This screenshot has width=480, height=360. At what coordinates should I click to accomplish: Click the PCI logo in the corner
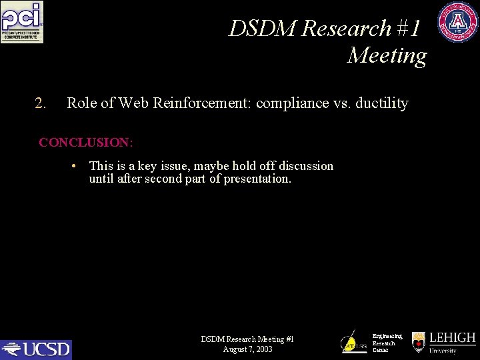point(22,22)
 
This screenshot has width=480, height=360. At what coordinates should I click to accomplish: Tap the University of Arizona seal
point(457,22)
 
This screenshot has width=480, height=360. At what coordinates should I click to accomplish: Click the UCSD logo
point(36,349)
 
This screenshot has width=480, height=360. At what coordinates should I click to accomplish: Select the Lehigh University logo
point(443,343)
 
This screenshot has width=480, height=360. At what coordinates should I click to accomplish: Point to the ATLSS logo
point(353,342)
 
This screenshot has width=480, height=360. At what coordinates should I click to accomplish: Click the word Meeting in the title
point(387,55)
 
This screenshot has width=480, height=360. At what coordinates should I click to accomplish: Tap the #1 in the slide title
point(407,29)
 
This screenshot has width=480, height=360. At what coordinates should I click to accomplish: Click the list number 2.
point(40,103)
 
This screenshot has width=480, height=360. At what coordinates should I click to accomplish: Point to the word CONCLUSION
point(85,143)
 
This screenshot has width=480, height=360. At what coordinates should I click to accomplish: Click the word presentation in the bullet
point(257,179)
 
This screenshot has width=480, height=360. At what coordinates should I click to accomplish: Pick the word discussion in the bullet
point(306,166)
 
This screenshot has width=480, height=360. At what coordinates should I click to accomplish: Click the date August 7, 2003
point(247,349)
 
